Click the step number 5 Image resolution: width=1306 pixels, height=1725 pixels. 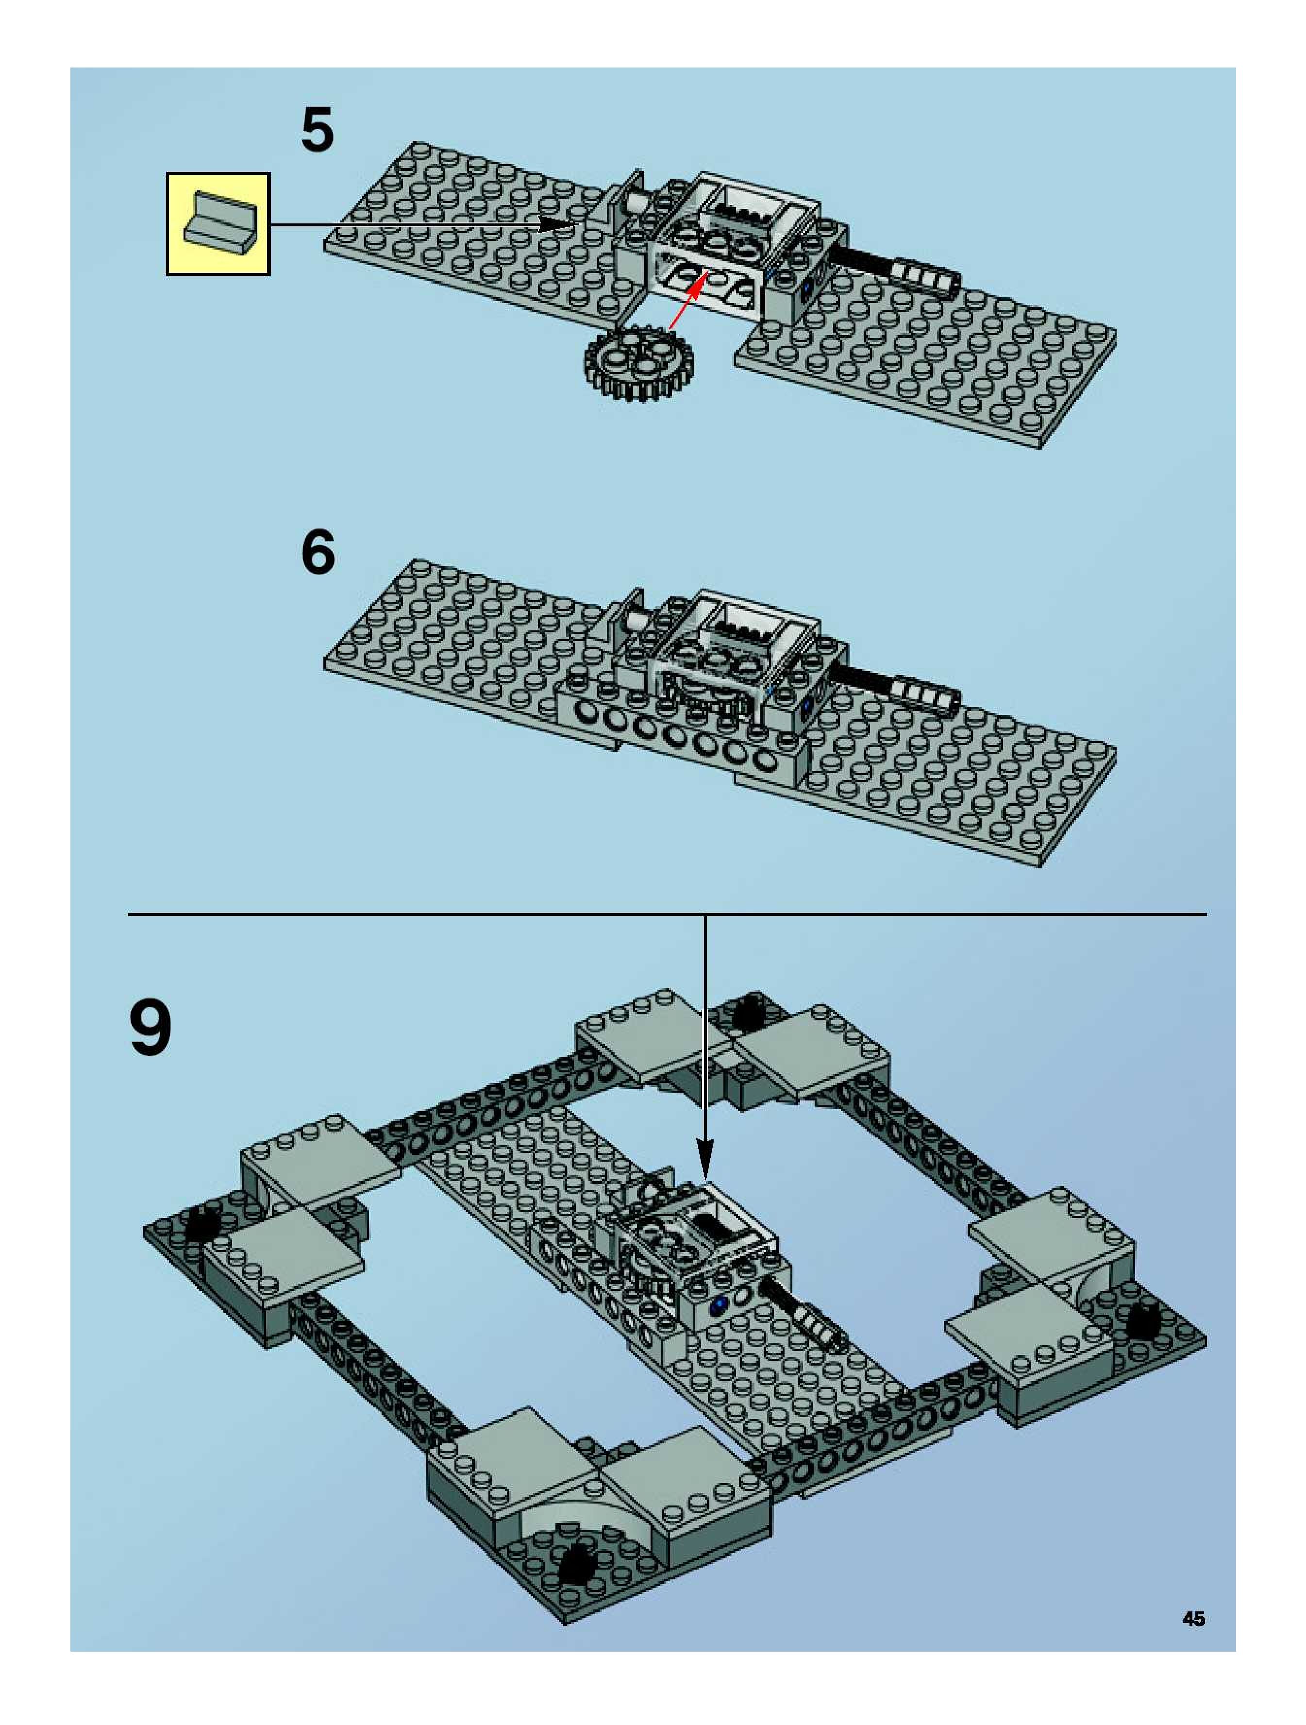coord(318,130)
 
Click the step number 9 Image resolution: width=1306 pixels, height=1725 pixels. coord(151,1027)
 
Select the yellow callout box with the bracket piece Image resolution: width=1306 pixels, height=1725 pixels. coord(218,224)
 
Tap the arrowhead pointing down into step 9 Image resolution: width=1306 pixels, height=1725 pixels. coord(705,1160)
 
